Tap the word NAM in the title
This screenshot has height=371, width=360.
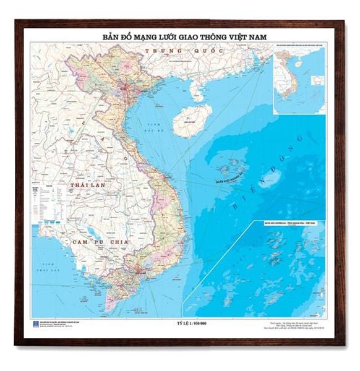(x=259, y=37)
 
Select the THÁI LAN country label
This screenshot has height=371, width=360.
(x=85, y=185)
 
